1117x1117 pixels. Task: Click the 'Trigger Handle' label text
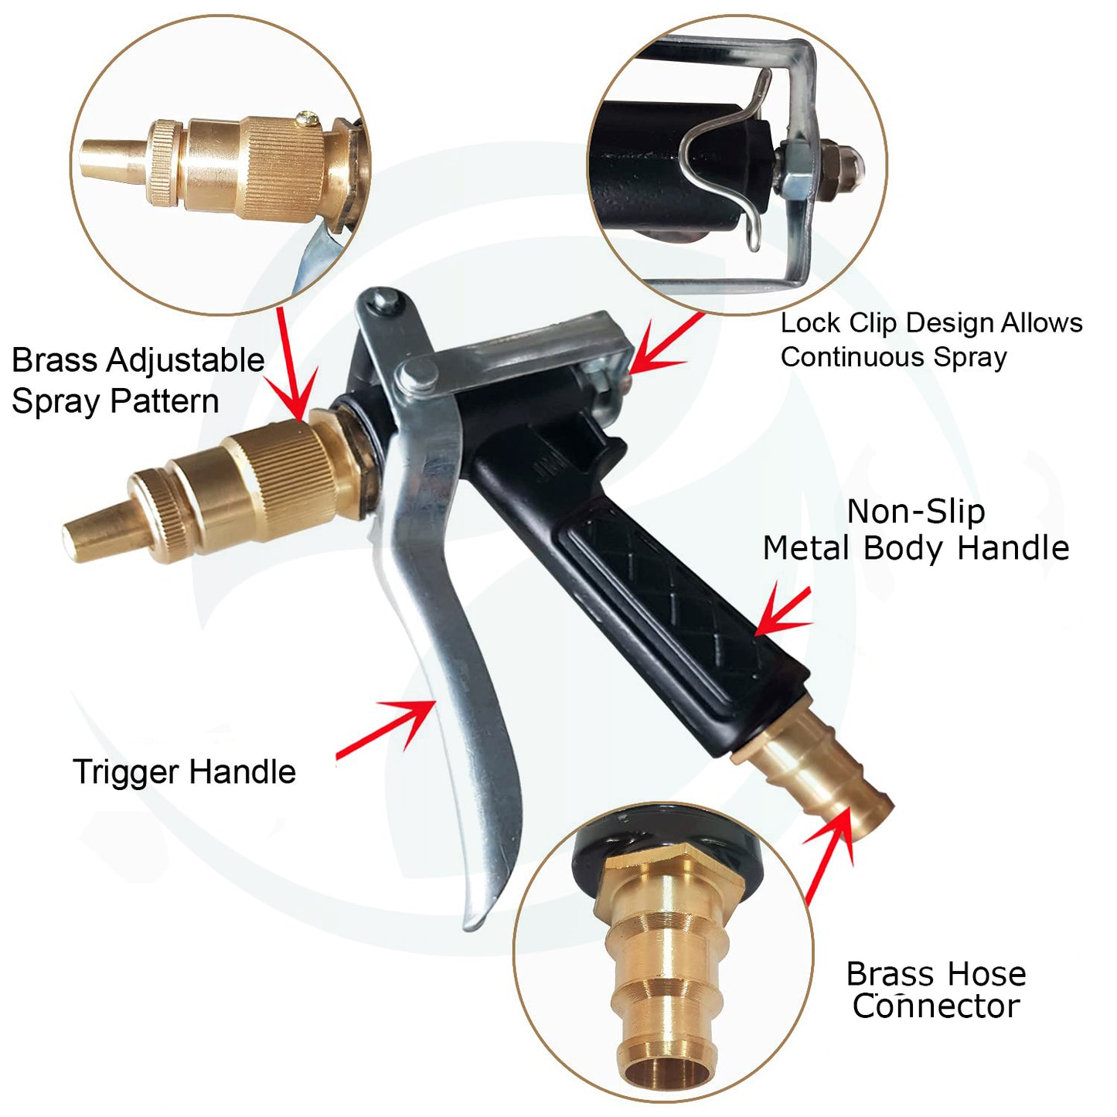184,772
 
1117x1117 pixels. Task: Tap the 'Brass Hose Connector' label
936,990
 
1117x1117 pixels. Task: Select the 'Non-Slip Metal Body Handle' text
916,530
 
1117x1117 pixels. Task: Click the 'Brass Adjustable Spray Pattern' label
138,381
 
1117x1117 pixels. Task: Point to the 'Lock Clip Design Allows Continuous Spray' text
931,340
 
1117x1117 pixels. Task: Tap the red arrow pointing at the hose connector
832,850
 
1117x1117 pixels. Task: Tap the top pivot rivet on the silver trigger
383,299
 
